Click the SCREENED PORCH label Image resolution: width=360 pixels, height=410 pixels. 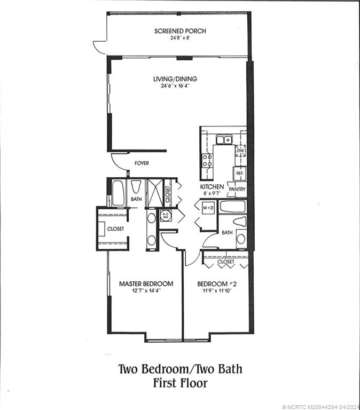(180, 31)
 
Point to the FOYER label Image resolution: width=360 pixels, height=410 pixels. (142, 163)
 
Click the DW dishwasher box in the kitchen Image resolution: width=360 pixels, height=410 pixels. (240, 152)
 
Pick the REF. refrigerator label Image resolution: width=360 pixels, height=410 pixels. (240, 174)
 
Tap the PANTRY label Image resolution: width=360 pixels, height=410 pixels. (236, 189)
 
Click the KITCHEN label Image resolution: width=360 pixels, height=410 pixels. (212, 187)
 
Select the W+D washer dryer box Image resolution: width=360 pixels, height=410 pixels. (208, 208)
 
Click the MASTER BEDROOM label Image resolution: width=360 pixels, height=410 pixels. (146, 283)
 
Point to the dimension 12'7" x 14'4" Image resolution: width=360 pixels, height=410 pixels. (146, 290)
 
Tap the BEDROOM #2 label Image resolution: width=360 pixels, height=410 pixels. (217, 283)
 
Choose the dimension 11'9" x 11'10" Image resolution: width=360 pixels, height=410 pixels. (217, 290)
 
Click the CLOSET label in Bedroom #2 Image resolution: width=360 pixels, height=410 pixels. (225, 262)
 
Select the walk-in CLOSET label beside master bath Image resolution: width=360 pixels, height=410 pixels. (115, 228)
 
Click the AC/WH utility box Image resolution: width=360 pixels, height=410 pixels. (165, 216)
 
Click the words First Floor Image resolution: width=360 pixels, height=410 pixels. (180, 383)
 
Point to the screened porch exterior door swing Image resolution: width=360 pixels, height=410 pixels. (99, 47)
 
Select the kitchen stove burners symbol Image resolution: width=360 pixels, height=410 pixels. (207, 161)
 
